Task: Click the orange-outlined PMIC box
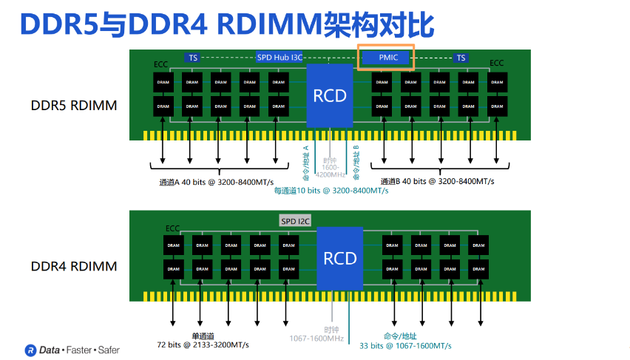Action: click(386, 58)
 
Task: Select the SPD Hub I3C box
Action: click(279, 58)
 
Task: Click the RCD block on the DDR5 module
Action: click(330, 95)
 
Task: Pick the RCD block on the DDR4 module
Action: click(340, 258)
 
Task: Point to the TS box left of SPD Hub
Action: click(193, 58)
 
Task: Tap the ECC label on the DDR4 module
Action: click(172, 228)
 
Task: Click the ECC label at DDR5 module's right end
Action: click(496, 64)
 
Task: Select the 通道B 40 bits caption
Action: click(437, 182)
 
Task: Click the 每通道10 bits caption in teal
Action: click(331, 191)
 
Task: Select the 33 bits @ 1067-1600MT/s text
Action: click(405, 345)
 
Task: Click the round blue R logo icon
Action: click(30, 349)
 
